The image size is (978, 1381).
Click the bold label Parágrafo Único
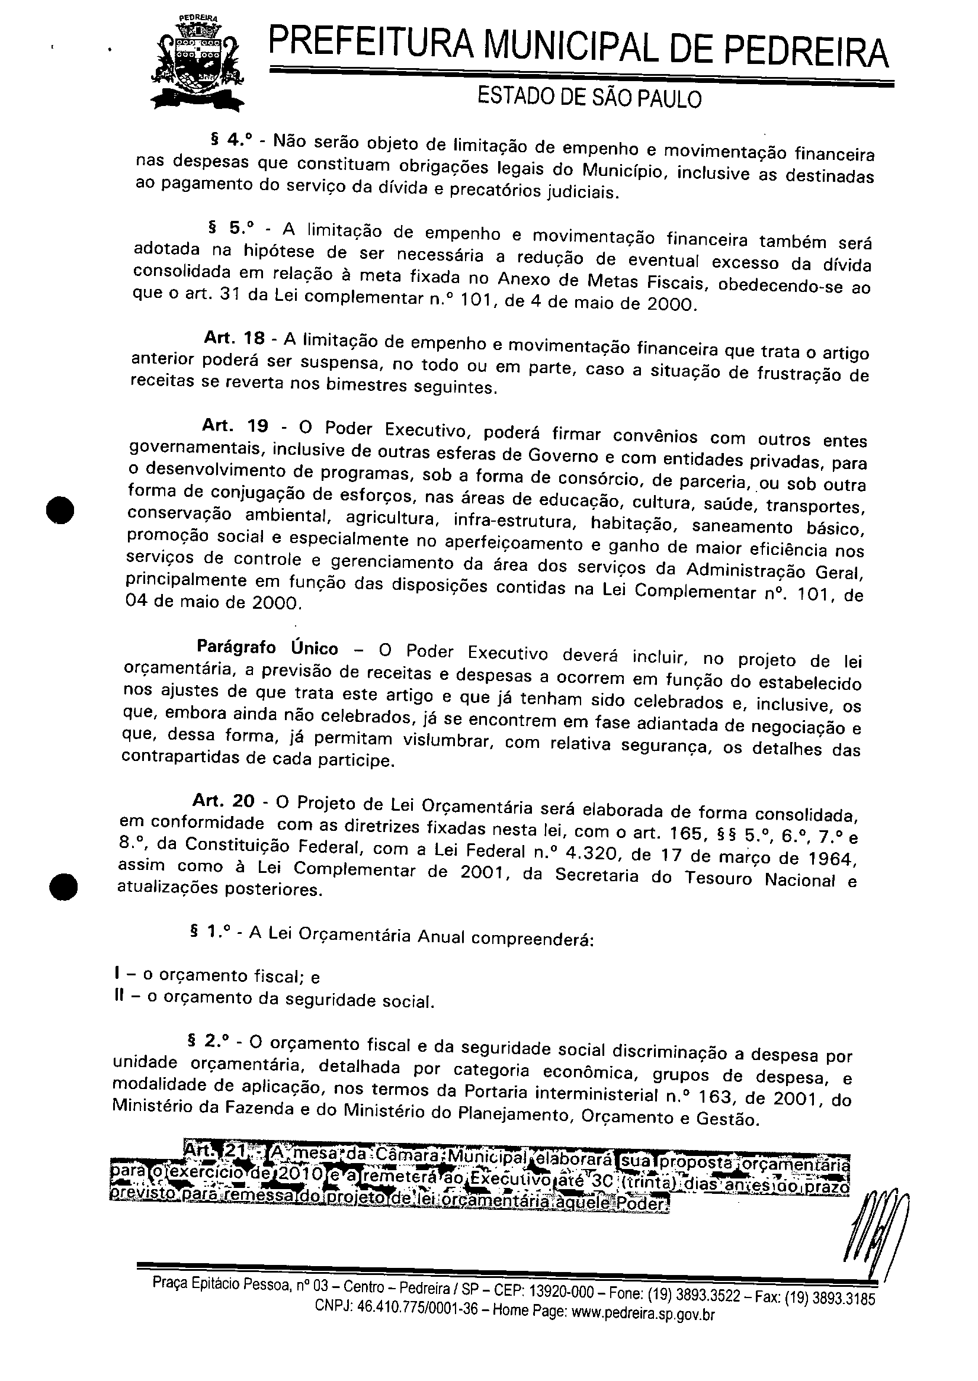click(x=267, y=648)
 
